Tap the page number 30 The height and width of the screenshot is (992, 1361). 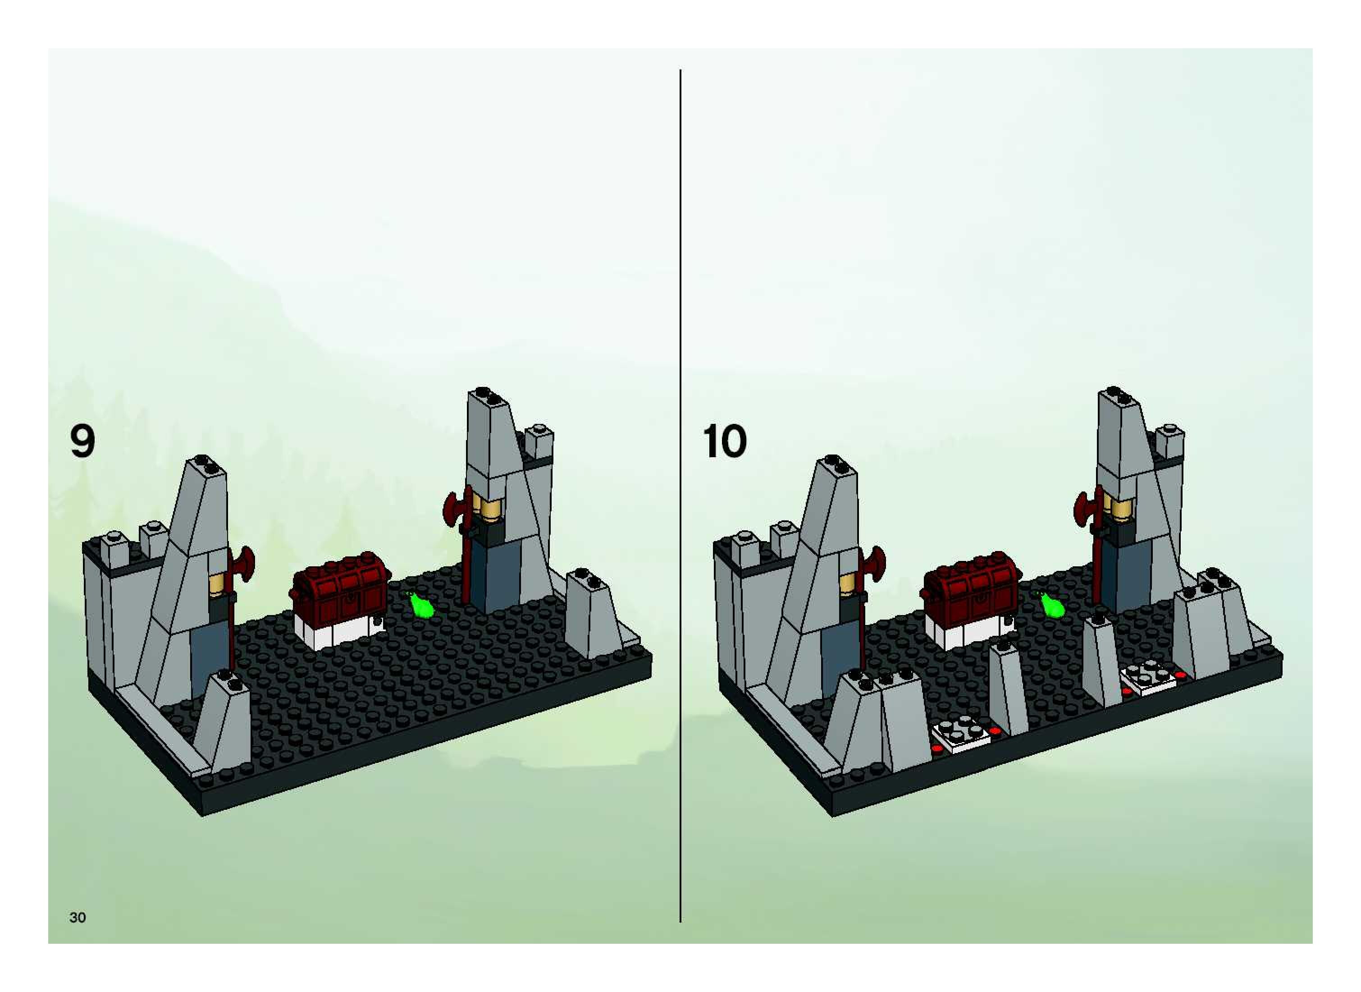pyautogui.click(x=78, y=918)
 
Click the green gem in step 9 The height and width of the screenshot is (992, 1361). pyautogui.click(x=423, y=607)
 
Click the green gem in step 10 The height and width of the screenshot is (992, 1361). pyautogui.click(x=1053, y=606)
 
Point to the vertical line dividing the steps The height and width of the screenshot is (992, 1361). pyautogui.click(x=680, y=480)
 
